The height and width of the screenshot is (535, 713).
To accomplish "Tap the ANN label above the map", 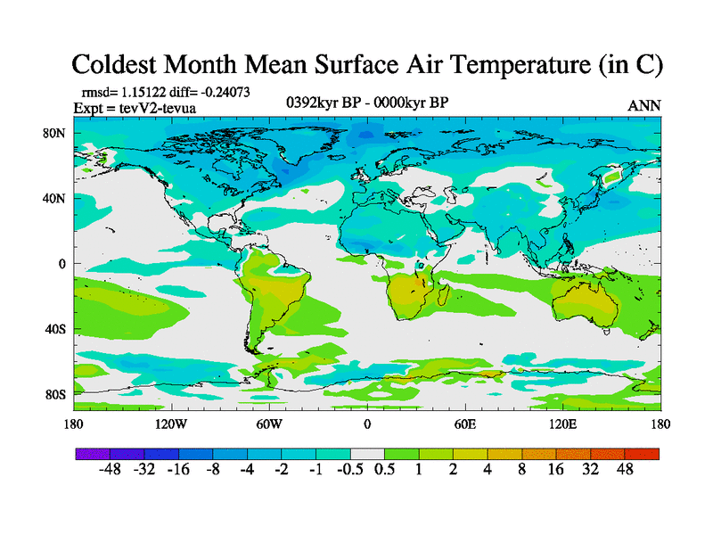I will (644, 105).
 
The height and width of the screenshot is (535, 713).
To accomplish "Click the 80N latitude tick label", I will (55, 133).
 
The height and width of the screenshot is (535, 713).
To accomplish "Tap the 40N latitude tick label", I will (55, 198).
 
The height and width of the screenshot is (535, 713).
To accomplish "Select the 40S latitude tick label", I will (55, 329).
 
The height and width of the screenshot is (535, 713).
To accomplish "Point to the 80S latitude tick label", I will (55, 394).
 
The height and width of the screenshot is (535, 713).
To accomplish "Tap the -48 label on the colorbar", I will (110, 471).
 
